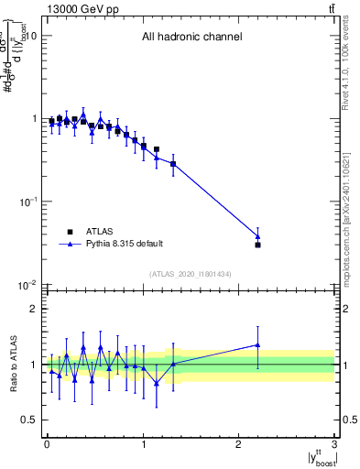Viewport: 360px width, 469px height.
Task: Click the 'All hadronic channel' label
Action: pos(191,38)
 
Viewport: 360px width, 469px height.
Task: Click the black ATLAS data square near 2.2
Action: pos(258,245)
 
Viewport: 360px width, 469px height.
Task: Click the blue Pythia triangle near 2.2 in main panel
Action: pos(258,236)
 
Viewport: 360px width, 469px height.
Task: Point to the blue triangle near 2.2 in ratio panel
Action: pos(258,345)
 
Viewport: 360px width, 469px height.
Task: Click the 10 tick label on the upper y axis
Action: pos(29,37)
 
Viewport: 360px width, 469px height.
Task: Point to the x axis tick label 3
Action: pos(335,444)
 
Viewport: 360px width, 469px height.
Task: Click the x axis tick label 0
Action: pos(47,444)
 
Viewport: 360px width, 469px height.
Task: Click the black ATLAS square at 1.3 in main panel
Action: pos(172,164)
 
